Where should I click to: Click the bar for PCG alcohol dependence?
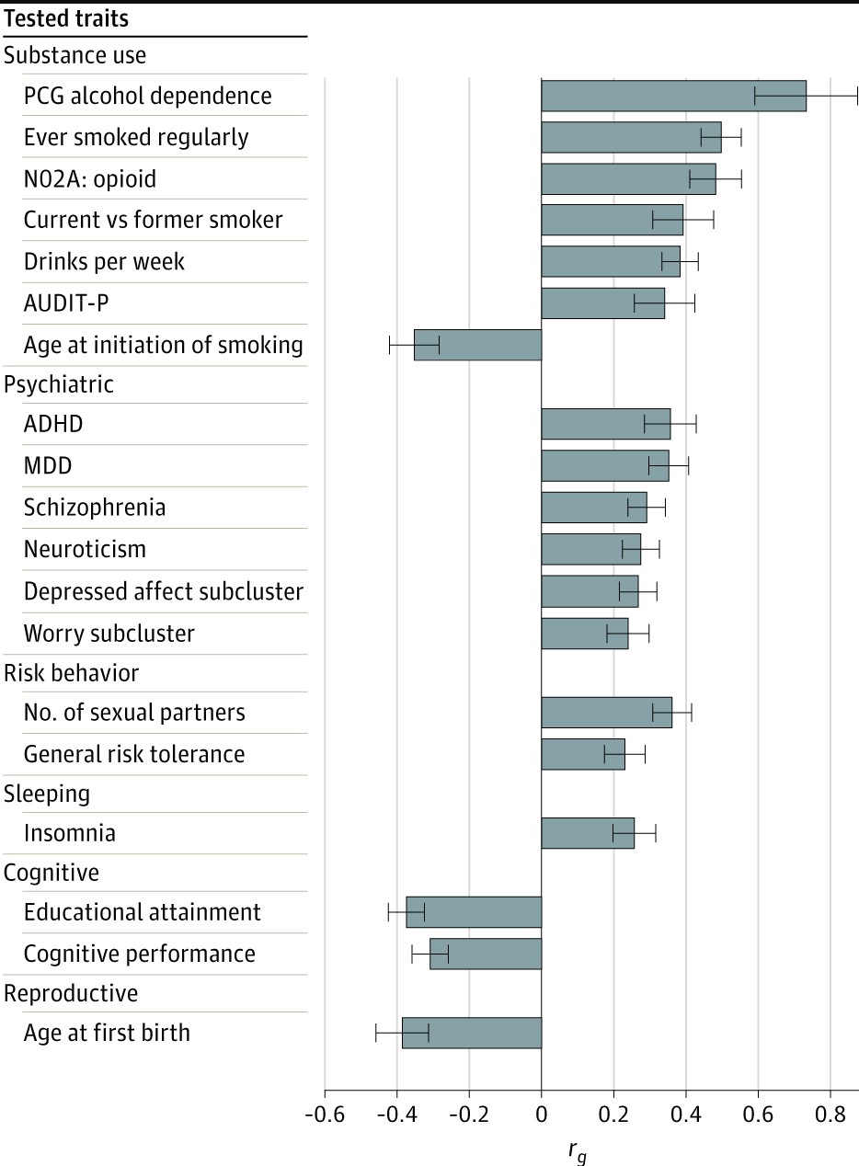pyautogui.click(x=673, y=96)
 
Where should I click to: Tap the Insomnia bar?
pyautogui.click(x=588, y=833)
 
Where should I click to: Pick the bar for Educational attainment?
pyautogui.click(x=474, y=912)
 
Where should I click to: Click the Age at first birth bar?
pyautogui.click(x=472, y=1033)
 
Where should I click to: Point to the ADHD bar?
pyautogui.click(x=605, y=424)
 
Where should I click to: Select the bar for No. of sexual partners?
pyautogui.click(x=606, y=713)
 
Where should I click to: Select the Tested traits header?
pyautogui.click(x=66, y=18)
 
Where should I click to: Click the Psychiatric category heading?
pyautogui.click(x=59, y=384)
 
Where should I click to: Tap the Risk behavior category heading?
pyautogui.click(x=72, y=673)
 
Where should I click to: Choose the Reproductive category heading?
pyautogui.click(x=71, y=994)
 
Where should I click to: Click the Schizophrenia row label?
pyautogui.click(x=95, y=508)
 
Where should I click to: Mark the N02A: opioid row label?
pyautogui.click(x=90, y=178)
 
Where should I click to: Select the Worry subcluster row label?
pyautogui.click(x=109, y=634)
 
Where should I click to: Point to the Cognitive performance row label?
pyautogui.click(x=140, y=954)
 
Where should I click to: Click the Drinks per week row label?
pyautogui.click(x=104, y=261)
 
